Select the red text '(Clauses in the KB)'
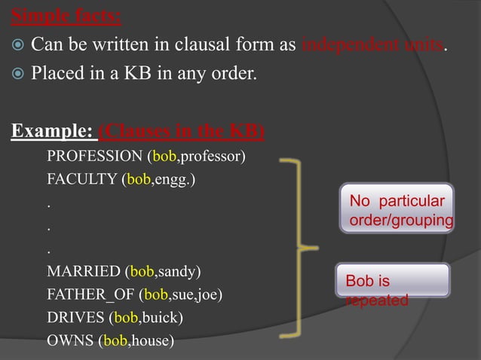182,131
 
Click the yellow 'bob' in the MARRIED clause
142,270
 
